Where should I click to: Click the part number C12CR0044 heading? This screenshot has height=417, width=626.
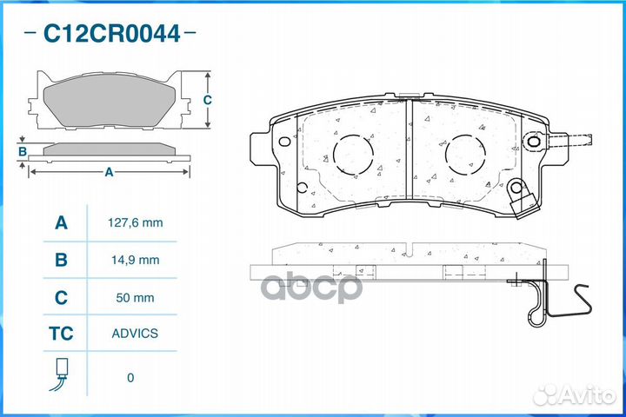[x=112, y=34]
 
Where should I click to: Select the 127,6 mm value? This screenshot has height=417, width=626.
[x=136, y=222]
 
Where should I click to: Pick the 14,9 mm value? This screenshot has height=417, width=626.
[x=136, y=260]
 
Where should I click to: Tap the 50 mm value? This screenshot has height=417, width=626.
[x=135, y=298]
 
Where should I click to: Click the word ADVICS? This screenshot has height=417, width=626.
[x=135, y=334]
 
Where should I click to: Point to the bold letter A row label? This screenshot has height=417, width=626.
[x=61, y=222]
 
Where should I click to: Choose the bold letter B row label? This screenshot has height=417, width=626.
[x=61, y=260]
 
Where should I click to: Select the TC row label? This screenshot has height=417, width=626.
[x=61, y=334]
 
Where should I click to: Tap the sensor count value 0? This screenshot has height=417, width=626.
[x=130, y=378]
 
